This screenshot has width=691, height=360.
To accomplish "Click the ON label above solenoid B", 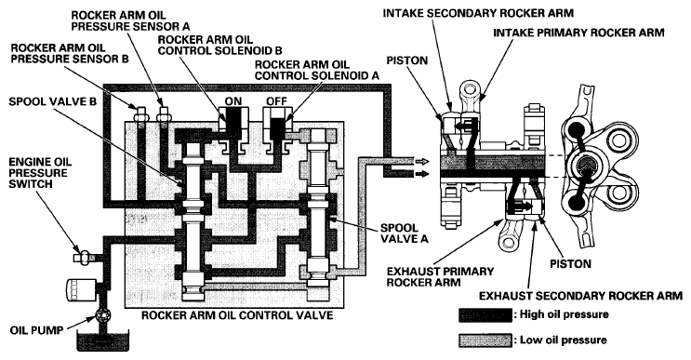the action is (233, 100).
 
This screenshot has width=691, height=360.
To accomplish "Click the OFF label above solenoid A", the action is (276, 100).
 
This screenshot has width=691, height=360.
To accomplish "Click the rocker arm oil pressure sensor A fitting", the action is (163, 113).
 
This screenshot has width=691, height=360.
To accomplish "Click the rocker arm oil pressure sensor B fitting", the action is (140, 113).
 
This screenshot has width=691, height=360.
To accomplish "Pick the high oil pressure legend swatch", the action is (485, 315).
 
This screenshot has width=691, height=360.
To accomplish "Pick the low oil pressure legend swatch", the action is (485, 340).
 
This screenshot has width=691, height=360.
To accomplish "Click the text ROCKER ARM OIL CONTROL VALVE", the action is (236, 315).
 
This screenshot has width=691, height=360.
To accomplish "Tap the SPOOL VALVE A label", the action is (405, 233).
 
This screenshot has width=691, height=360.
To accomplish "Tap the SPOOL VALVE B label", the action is (52, 101).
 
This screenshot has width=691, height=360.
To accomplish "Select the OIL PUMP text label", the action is (36, 329).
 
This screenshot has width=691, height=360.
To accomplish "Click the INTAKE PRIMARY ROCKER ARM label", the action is (578, 33).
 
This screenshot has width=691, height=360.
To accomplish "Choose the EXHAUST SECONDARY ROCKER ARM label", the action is (581, 296).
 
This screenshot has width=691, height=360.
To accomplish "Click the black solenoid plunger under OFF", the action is (276, 126).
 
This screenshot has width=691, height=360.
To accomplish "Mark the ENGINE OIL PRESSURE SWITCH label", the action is (40, 173).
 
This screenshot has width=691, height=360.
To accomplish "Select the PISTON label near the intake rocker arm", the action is (407, 60).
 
